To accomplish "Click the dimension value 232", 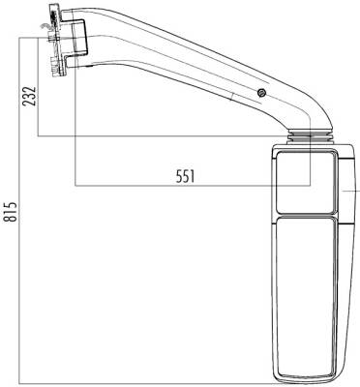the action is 29,96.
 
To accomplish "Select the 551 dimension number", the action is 186,177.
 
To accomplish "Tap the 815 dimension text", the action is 11,212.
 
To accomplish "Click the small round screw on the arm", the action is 261,93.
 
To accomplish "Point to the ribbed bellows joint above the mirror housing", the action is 309,136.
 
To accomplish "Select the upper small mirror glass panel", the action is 306,183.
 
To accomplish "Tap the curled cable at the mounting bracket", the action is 44,27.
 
